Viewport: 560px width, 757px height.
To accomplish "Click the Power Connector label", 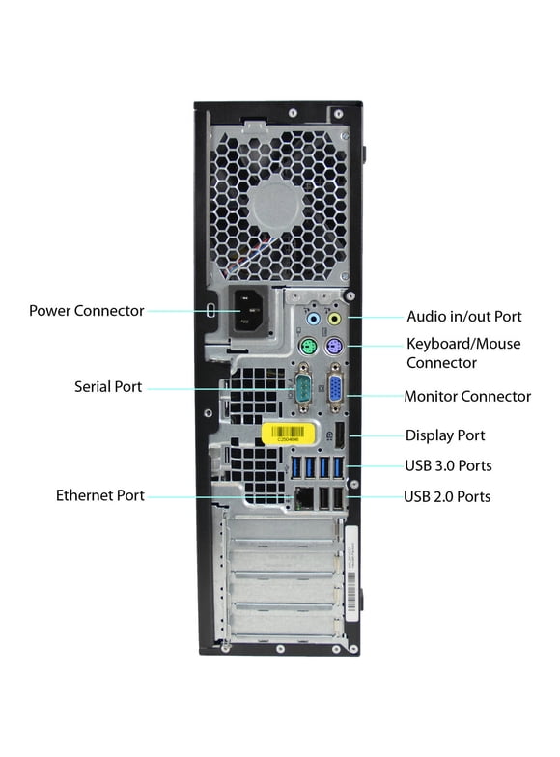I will (x=87, y=311).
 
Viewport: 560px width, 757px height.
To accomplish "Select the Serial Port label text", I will (x=108, y=387).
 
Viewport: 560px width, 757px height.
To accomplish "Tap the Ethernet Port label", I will (x=100, y=495).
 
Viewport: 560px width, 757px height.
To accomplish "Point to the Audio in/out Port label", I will (x=464, y=316).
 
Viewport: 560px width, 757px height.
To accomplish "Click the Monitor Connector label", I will (x=467, y=396).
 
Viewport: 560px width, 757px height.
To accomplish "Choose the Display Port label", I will (x=445, y=435).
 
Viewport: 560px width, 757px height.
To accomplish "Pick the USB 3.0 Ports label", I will (x=448, y=465).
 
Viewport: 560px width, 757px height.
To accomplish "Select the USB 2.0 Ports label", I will (x=447, y=496).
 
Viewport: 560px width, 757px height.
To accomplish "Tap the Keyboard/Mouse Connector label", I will (x=463, y=352).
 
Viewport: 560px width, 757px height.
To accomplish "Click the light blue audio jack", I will (x=312, y=318).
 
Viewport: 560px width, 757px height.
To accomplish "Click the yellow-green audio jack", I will (x=335, y=318).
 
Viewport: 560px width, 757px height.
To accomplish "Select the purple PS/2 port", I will (x=334, y=348).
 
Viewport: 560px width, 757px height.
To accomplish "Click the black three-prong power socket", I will (x=249, y=311).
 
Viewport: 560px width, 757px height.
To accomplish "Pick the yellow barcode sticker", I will (x=289, y=430).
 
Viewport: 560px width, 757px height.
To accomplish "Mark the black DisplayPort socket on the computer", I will (x=340, y=436).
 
